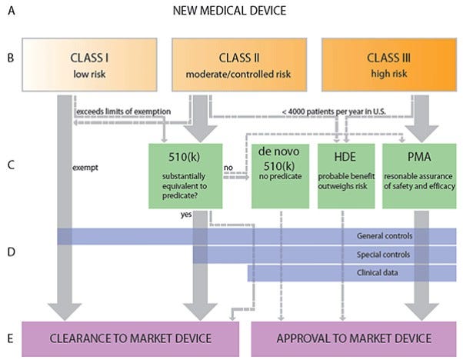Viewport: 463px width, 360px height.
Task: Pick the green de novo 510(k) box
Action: click(281, 175)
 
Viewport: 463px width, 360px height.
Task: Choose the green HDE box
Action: click(345, 175)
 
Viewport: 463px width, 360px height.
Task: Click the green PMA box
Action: click(418, 175)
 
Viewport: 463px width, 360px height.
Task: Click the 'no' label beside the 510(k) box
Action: click(228, 165)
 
